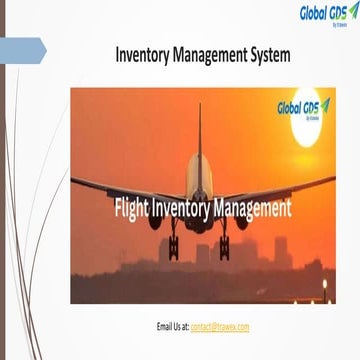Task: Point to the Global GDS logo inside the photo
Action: (304, 108)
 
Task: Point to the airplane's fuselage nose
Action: (199, 222)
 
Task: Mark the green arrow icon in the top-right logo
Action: (352, 11)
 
